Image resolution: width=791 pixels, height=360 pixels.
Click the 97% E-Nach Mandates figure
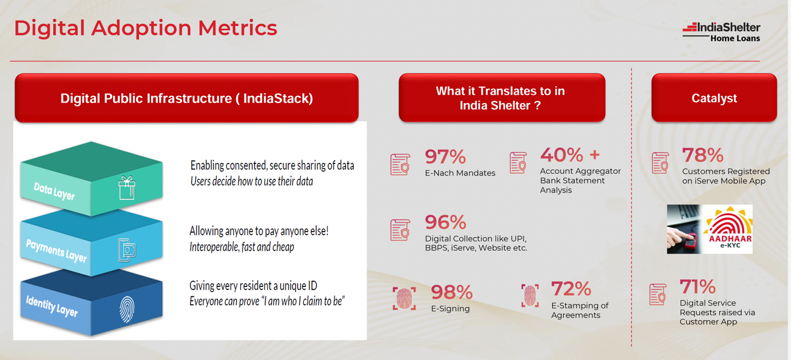point(445,157)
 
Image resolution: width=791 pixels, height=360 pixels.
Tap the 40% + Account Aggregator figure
point(570,155)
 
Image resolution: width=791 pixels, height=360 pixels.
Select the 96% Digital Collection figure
point(445,222)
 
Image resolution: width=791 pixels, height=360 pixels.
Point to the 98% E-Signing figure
point(451,292)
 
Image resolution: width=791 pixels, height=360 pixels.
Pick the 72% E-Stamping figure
point(571,289)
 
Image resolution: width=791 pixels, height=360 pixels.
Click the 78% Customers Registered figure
point(703,155)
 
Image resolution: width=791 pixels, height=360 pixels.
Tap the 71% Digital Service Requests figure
point(697,286)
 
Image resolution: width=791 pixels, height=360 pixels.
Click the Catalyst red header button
point(714,98)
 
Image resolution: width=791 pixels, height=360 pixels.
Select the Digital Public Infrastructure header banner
point(187,98)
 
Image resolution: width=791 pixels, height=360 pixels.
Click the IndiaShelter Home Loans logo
point(721,32)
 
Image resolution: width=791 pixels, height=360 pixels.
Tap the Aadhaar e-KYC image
point(710,229)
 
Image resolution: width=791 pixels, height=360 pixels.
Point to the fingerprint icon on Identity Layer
point(127,310)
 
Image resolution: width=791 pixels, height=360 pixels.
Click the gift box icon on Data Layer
point(127,188)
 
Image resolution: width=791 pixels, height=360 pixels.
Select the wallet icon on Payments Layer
point(127,250)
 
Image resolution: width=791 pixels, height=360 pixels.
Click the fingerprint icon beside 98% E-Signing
point(404,299)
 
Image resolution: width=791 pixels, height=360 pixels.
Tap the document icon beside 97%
point(400,164)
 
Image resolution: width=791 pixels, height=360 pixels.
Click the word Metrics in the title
point(238,28)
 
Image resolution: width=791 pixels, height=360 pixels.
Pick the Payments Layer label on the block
point(56,250)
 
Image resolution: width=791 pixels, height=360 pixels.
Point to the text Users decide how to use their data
point(252,182)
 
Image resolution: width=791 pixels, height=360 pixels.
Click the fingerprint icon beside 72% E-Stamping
point(530,295)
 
